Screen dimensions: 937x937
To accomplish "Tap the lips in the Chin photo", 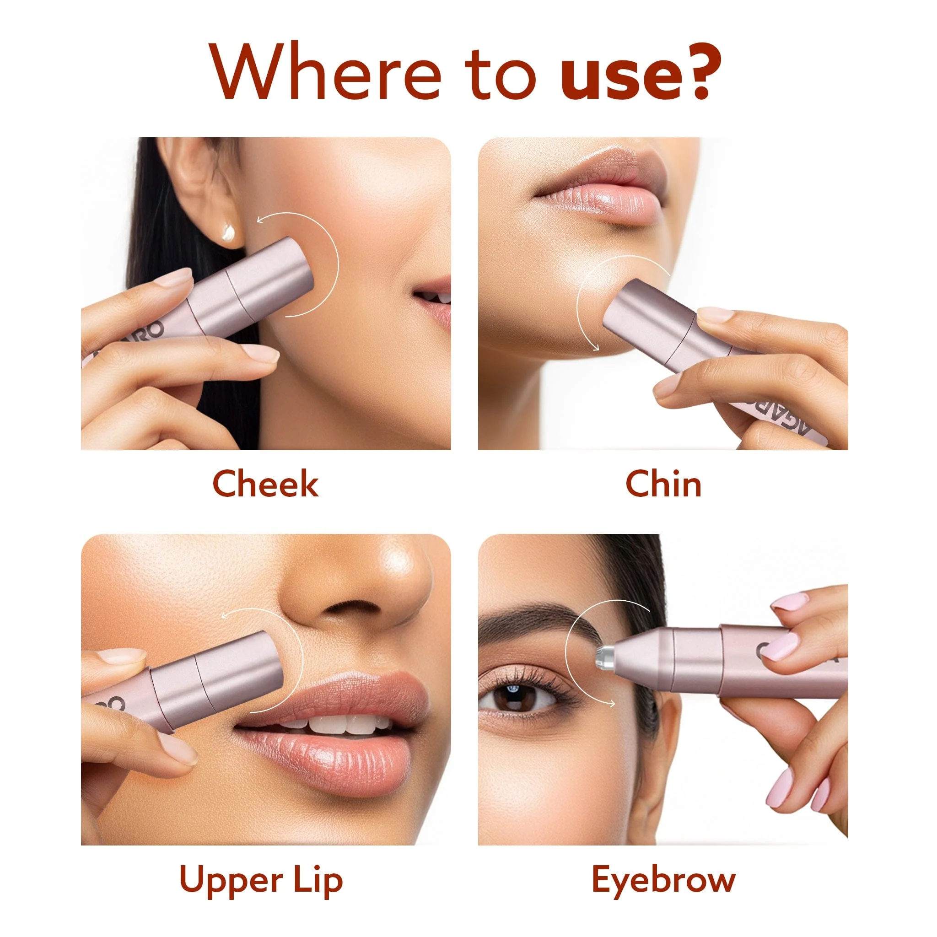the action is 600,187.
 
